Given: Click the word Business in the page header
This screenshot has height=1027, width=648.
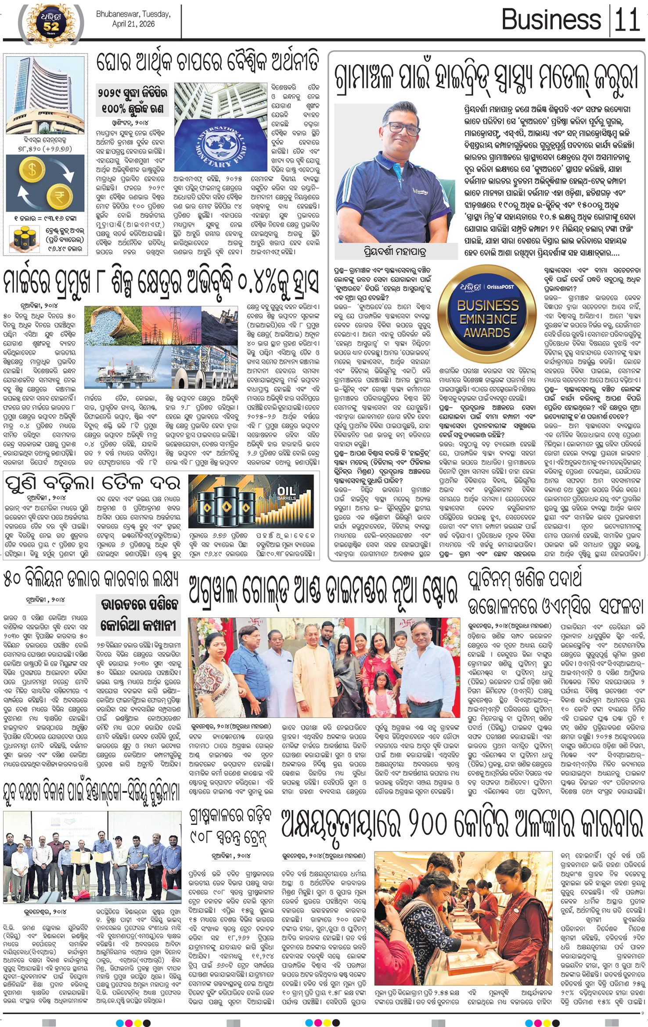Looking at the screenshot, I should tap(551, 19).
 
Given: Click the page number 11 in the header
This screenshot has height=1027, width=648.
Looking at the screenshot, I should tap(627, 19).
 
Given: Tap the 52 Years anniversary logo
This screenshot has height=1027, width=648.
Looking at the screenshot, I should tap(51, 23).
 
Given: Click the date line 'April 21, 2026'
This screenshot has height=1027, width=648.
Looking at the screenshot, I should tap(133, 24).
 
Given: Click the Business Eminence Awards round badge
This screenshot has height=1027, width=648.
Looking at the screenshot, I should tap(487, 313).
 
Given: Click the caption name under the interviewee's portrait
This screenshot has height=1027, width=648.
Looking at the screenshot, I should tap(395, 252).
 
